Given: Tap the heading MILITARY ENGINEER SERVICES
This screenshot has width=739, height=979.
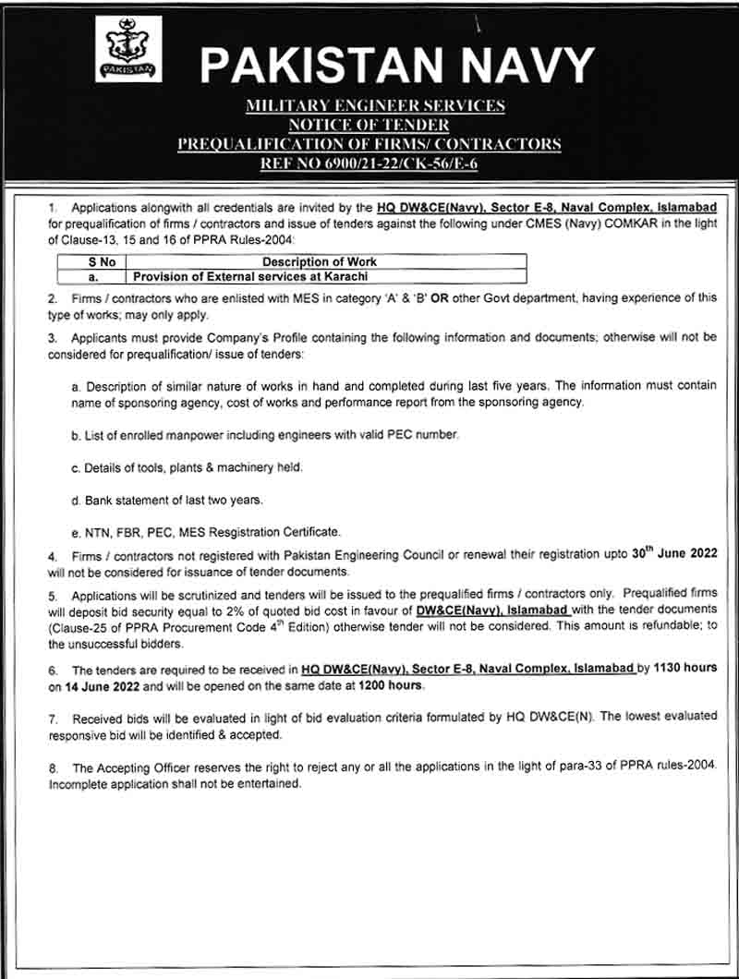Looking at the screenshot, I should pyautogui.click(x=375, y=106).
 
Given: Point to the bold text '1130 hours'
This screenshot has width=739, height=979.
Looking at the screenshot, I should pyautogui.click(x=683, y=667).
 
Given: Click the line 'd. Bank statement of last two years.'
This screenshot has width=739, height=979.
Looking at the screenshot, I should pyautogui.click(x=167, y=500).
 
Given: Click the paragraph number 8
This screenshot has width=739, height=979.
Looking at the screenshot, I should pyautogui.click(x=54, y=767).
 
